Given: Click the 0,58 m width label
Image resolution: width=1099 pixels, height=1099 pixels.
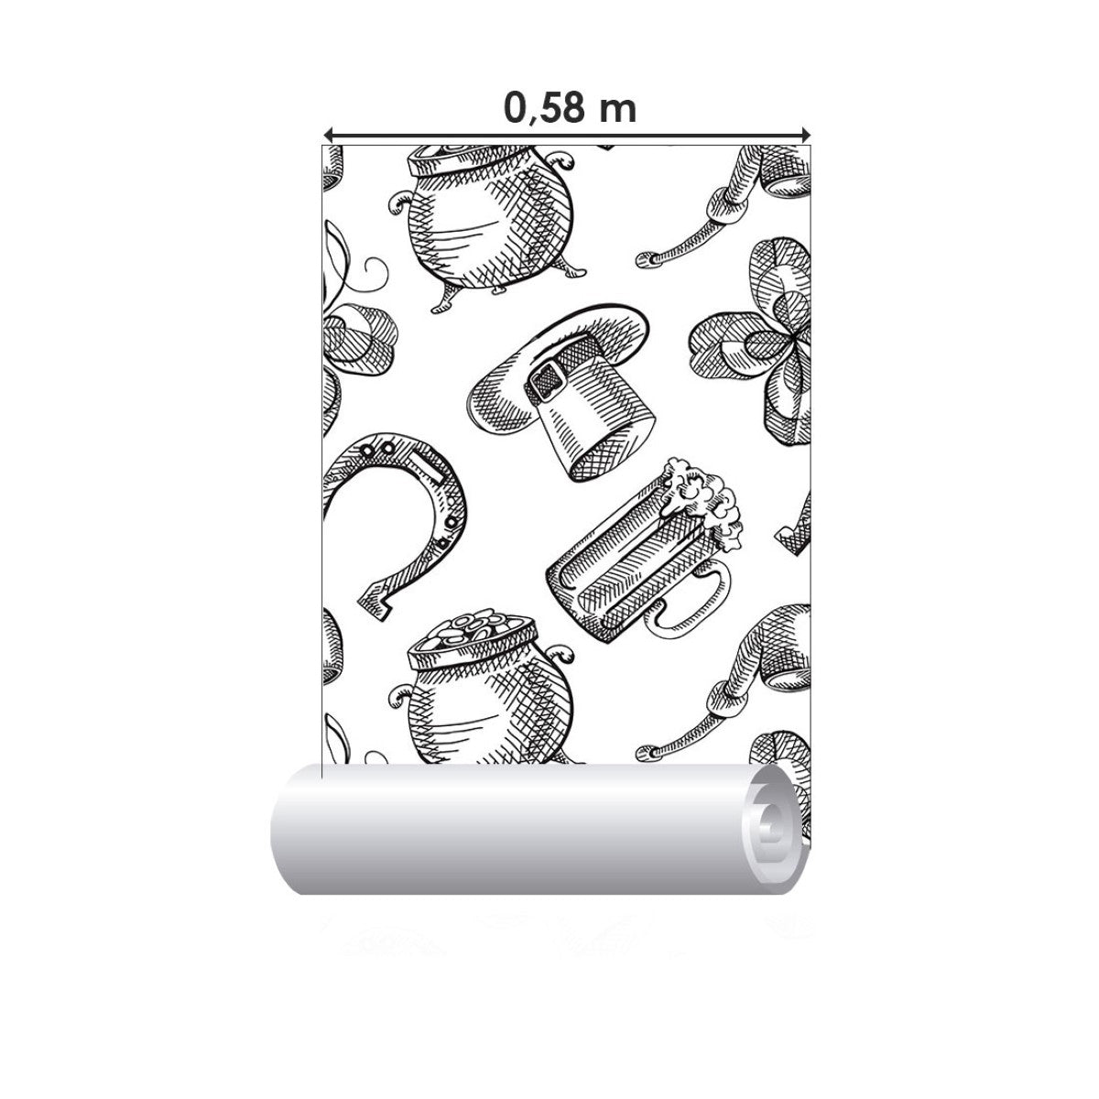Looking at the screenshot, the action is coord(570,108).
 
